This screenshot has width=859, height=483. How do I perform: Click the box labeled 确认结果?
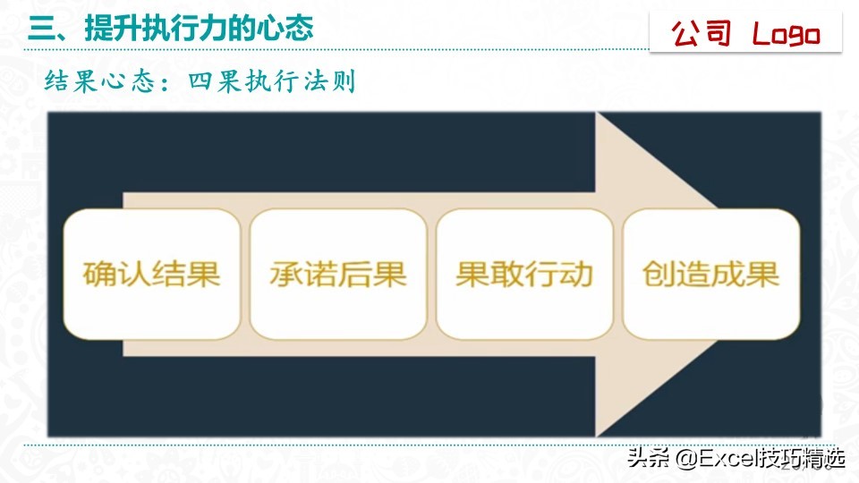pos(151,274)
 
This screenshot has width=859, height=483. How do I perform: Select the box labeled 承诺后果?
pos(338,274)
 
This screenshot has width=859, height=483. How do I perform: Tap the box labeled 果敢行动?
pos(524,274)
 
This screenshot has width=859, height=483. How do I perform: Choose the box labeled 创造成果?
pos(710,274)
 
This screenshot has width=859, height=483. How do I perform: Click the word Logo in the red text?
pos(786,35)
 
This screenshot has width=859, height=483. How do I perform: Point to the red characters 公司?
pos(702,35)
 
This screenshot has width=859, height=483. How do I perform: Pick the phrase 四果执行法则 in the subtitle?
pos(272,82)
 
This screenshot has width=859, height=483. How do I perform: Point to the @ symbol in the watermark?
pos(685,460)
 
